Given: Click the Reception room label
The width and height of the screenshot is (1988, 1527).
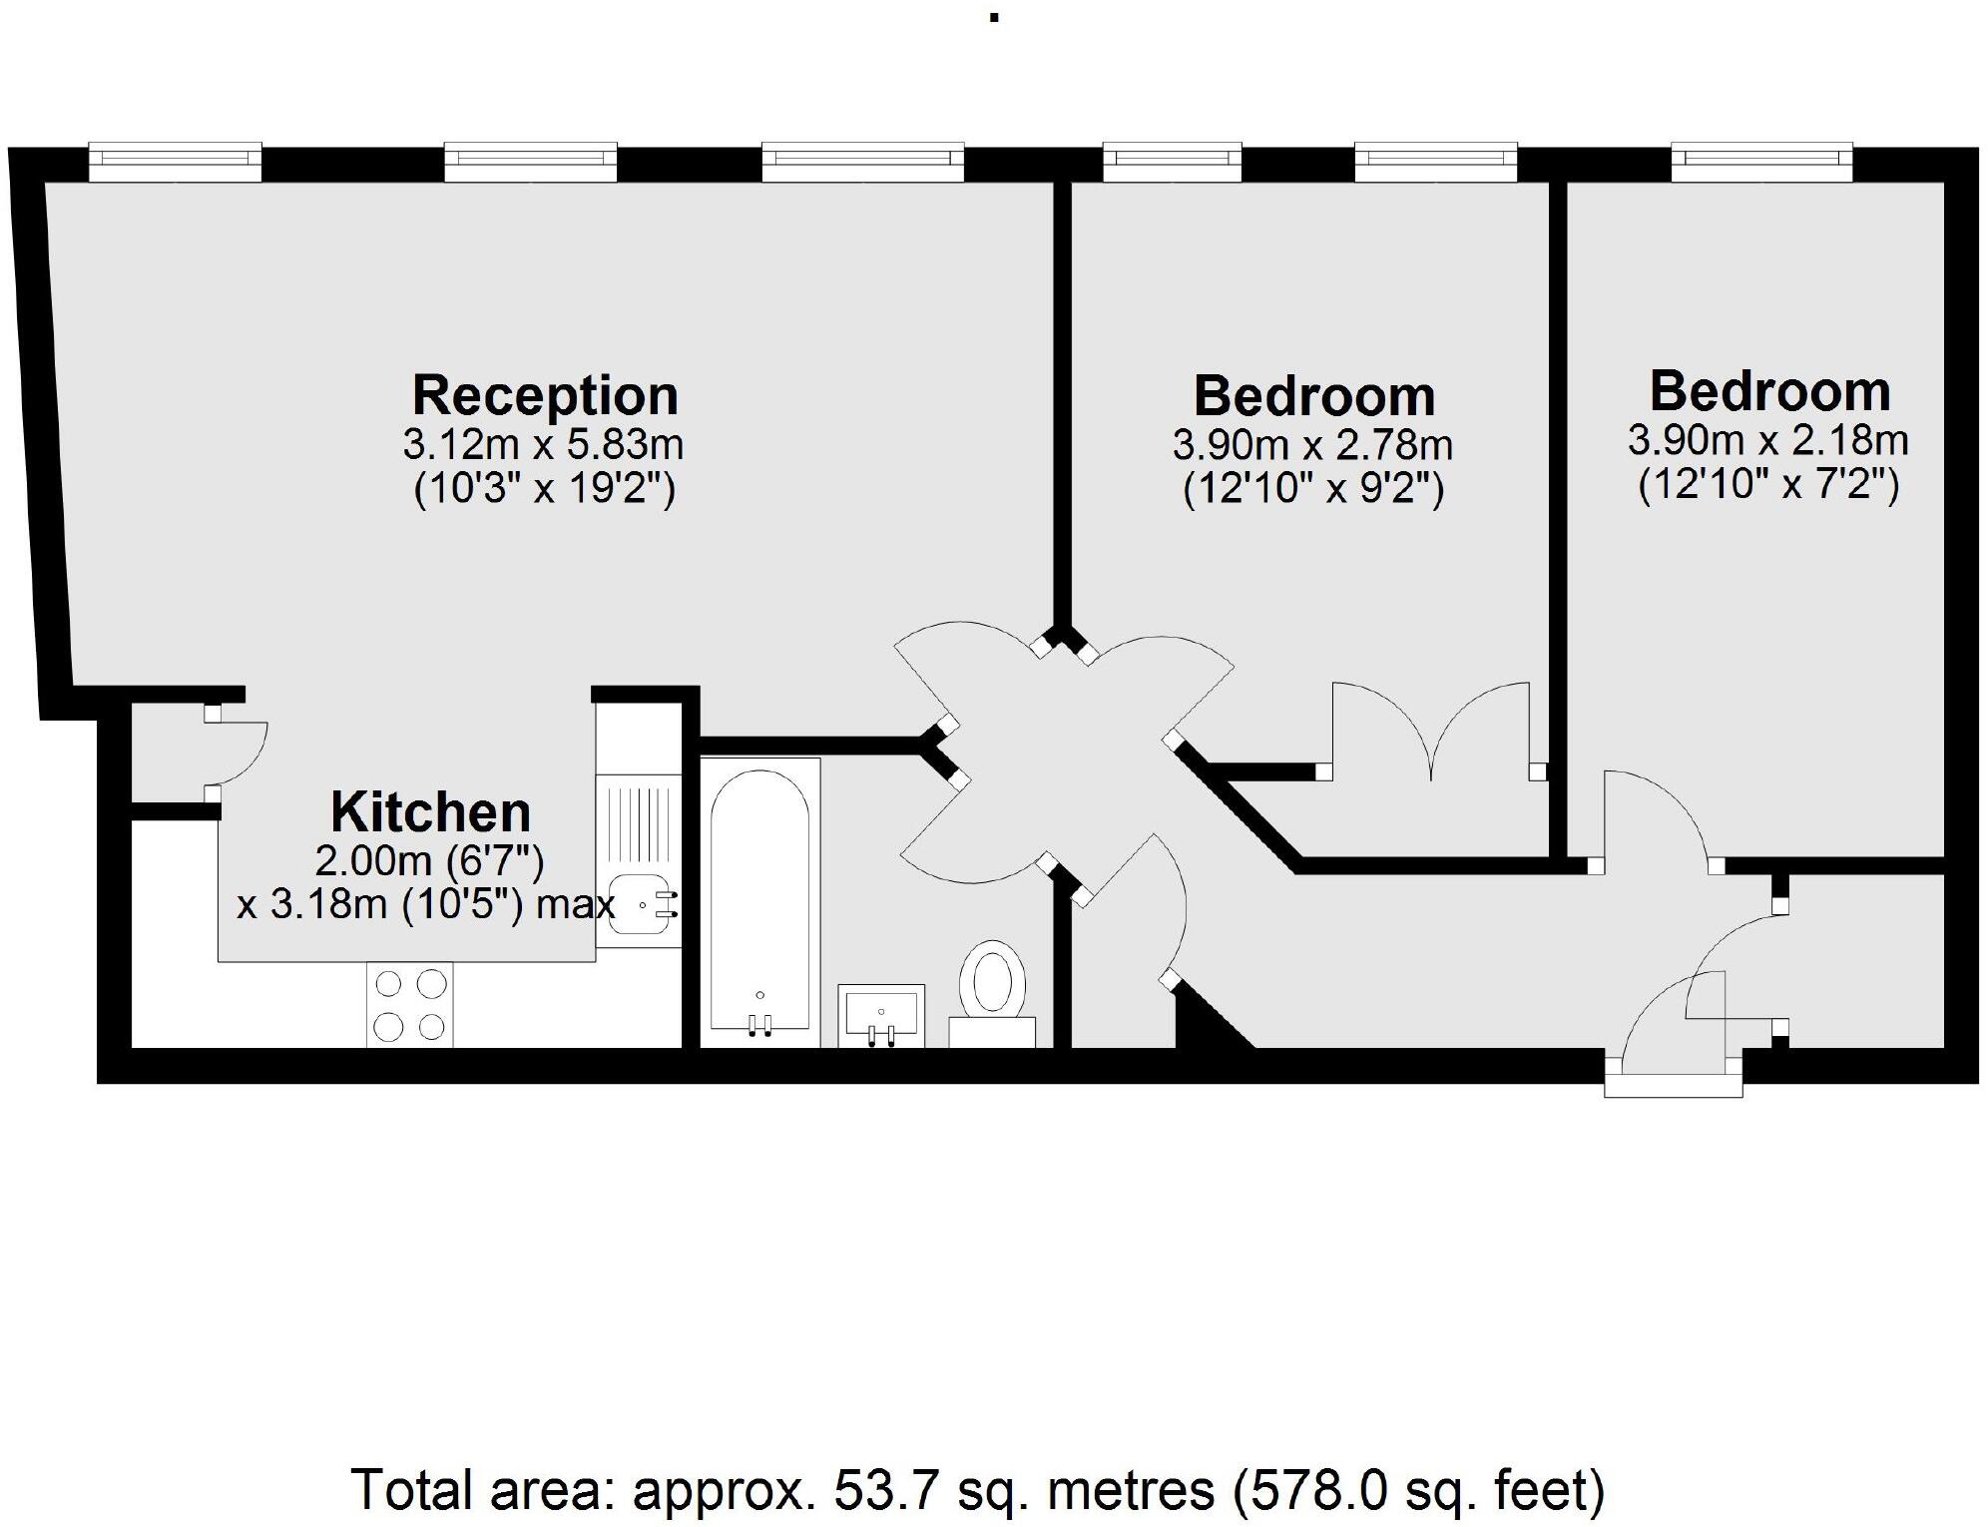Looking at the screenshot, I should coord(545,395).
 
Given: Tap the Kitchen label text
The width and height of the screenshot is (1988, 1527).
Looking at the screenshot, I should coord(430,812).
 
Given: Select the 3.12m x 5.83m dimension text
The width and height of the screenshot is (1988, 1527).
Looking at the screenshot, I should coord(543,444).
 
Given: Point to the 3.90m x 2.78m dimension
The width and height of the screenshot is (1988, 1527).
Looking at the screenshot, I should coord(1312,445).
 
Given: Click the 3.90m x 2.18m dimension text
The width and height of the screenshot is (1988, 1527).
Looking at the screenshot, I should coord(1768,440).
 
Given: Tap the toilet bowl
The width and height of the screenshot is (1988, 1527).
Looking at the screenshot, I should coord(992,978).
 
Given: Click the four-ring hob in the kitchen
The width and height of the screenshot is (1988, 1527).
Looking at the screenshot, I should coord(409,1005).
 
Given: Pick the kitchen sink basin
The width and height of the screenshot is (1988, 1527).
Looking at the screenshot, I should coord(638,904).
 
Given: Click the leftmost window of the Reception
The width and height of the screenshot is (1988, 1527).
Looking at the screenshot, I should coord(175,162).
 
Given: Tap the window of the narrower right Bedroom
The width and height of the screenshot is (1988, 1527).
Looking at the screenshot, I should coord(1761,162).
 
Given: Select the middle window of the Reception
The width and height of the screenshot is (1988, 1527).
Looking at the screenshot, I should coord(530,162).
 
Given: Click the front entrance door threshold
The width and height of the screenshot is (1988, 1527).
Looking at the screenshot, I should coord(1673,1085).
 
